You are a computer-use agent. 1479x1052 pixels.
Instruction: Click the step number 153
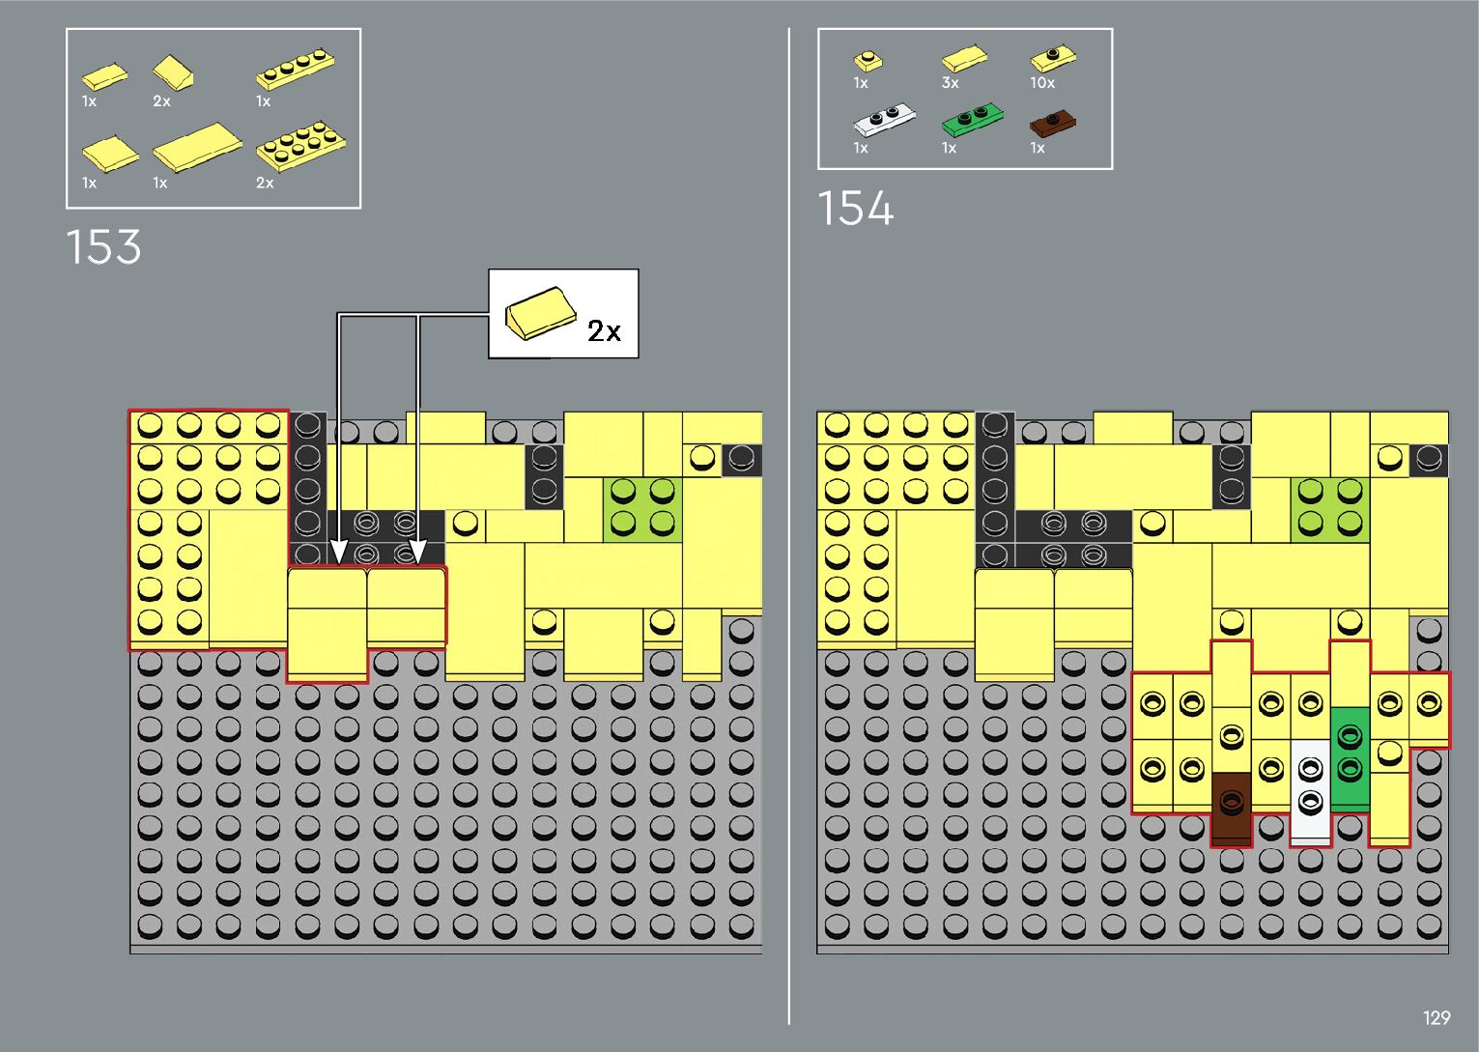[103, 247]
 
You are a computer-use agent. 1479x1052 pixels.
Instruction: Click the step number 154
[856, 209]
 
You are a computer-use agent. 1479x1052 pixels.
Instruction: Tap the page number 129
[1436, 1017]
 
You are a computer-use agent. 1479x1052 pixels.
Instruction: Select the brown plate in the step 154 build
[1231, 809]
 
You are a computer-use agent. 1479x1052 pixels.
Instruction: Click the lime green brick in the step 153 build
[642, 509]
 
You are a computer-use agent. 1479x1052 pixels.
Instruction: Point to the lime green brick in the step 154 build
[1329, 509]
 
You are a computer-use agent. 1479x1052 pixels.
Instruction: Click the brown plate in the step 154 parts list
[1052, 124]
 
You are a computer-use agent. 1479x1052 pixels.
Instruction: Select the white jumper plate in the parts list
[883, 121]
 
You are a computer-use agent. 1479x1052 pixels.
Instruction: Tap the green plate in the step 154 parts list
[971, 121]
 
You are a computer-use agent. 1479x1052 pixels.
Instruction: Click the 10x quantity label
[1042, 84]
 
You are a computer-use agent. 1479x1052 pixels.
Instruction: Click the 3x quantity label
[951, 84]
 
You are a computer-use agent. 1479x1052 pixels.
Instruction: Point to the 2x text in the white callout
[604, 331]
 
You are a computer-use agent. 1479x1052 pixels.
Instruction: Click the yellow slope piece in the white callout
[539, 312]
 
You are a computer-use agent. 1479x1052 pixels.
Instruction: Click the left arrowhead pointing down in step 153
[338, 552]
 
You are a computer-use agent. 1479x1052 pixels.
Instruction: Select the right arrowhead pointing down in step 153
[417, 552]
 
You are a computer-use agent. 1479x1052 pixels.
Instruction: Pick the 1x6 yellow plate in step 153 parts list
[296, 69]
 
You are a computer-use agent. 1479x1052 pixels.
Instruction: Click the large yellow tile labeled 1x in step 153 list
[197, 146]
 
